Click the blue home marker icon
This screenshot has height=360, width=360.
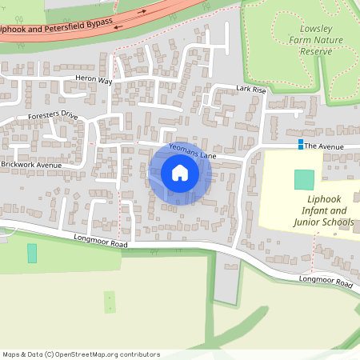[180, 173]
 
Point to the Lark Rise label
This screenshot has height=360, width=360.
[250, 90]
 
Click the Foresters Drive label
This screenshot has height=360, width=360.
[52, 116]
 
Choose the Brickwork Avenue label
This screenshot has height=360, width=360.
[31, 165]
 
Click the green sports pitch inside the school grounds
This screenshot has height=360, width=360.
[304, 180]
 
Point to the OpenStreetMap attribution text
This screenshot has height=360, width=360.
[81, 354]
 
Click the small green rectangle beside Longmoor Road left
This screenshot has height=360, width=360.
[32, 253]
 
